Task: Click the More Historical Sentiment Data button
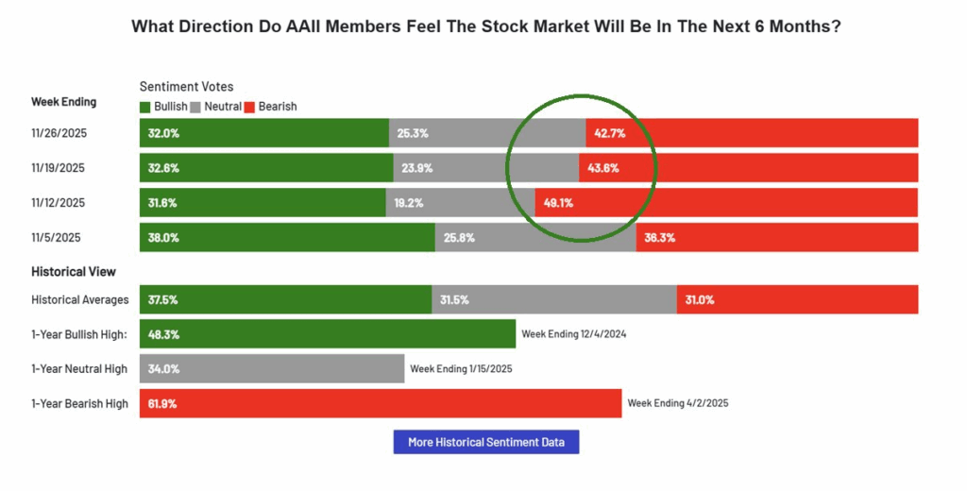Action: pos(485,442)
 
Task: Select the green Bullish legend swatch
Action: pos(144,107)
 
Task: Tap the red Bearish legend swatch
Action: pos(250,107)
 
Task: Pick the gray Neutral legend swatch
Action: pos(195,107)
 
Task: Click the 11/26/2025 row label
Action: pos(59,133)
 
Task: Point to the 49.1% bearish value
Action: pos(557,202)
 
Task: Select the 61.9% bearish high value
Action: pos(162,403)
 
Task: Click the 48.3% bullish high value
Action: pos(162,334)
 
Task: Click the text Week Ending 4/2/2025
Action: pos(677,403)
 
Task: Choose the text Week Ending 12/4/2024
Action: pos(574,334)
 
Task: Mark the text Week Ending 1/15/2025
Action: pos(461,368)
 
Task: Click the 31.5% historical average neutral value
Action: pos(453,299)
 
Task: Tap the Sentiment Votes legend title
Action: pos(186,87)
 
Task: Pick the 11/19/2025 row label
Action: pos(59,168)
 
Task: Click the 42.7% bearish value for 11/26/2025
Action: pos(610,133)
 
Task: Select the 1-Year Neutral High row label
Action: pos(79,369)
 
